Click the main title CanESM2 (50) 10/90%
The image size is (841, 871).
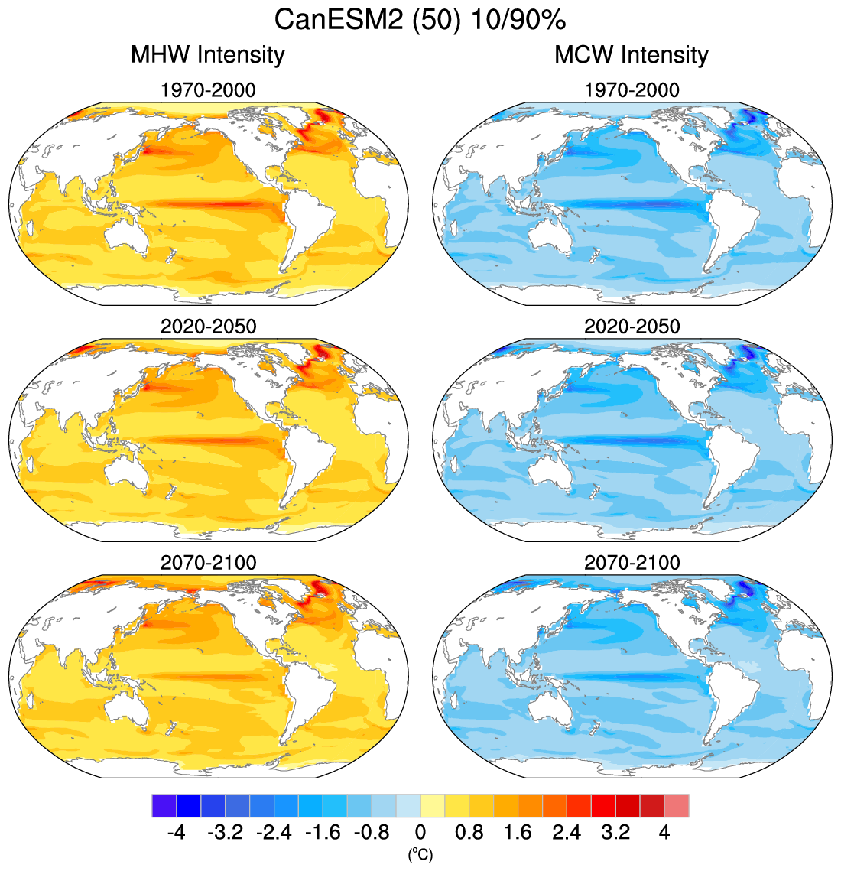(420, 20)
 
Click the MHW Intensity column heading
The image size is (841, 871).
(208, 55)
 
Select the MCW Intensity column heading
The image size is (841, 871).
(632, 55)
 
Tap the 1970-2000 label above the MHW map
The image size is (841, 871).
(208, 90)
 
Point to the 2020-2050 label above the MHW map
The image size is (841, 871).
(208, 327)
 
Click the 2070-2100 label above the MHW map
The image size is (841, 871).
(208, 563)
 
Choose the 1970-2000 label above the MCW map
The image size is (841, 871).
(632, 90)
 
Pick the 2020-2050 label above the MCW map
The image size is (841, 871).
(632, 327)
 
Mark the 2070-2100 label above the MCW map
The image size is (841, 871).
(632, 563)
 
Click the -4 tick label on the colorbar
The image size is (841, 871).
(176, 833)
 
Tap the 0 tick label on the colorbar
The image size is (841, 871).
(420, 833)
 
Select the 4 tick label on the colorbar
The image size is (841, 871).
(664, 833)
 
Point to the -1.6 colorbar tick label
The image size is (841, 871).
(323, 833)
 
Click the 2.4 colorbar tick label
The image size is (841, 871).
(567, 833)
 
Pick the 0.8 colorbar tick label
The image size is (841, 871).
(469, 833)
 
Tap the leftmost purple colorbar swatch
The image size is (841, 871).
(164, 806)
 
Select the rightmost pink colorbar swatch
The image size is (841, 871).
(677, 806)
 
